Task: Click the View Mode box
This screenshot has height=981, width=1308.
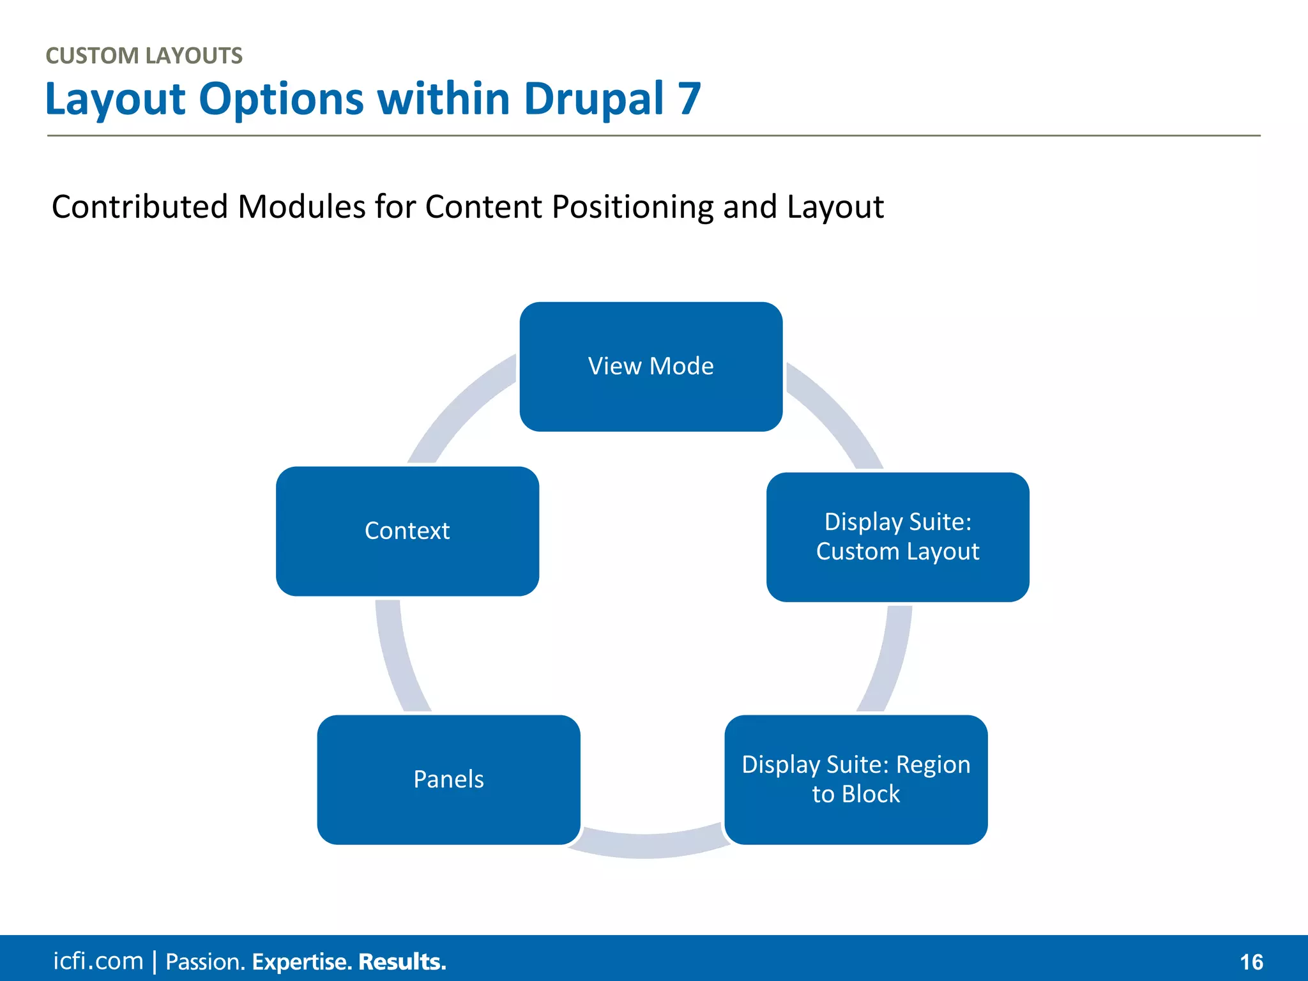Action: pyautogui.click(x=651, y=367)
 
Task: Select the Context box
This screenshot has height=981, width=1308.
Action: pyautogui.click(x=407, y=531)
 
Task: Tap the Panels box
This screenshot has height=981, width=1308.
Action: pyautogui.click(x=448, y=780)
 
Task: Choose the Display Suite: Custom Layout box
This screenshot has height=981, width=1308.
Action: pyautogui.click(x=897, y=537)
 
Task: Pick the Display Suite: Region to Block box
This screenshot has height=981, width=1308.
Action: pyautogui.click(x=856, y=780)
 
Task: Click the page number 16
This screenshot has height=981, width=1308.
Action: pyautogui.click(x=1251, y=962)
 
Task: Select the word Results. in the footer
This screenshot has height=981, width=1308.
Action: pyautogui.click(x=402, y=962)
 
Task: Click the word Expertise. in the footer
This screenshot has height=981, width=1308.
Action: pyautogui.click(x=301, y=962)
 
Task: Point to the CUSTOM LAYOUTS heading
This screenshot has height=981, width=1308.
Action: pyautogui.click(x=144, y=56)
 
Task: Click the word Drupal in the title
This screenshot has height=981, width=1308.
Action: pyautogui.click(x=593, y=100)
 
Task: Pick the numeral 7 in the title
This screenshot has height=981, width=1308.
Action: pyautogui.click(x=690, y=100)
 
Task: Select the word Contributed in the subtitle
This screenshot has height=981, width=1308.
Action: pyautogui.click(x=139, y=207)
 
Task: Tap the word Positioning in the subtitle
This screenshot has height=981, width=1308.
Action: pyautogui.click(x=633, y=207)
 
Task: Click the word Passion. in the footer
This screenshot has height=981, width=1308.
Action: pyautogui.click(x=205, y=962)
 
